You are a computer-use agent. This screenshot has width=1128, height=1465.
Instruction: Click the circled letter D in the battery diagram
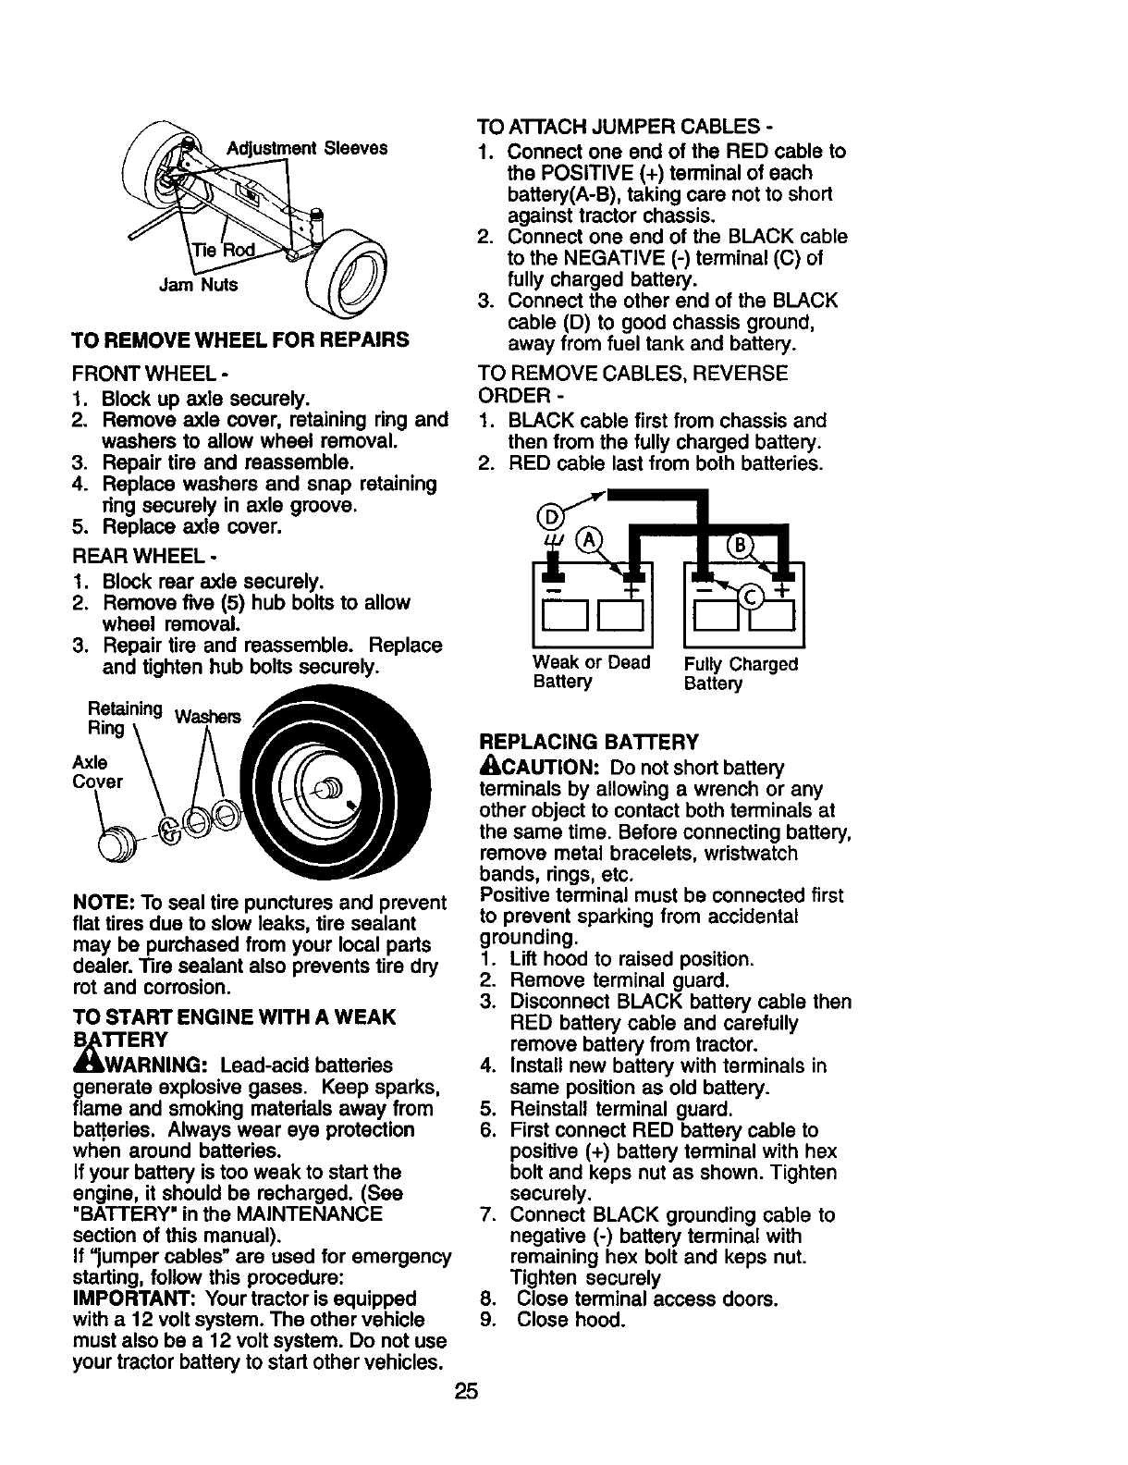(548, 514)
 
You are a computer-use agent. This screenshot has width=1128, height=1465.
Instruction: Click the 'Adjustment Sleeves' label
(307, 148)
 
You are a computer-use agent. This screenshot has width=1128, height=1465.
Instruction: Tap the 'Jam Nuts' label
(199, 285)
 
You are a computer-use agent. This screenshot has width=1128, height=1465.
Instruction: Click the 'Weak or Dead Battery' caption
(592, 672)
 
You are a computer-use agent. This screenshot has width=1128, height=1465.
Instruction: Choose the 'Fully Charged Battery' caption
(741, 673)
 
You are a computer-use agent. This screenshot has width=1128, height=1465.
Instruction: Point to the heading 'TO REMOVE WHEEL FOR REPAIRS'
(240, 339)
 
